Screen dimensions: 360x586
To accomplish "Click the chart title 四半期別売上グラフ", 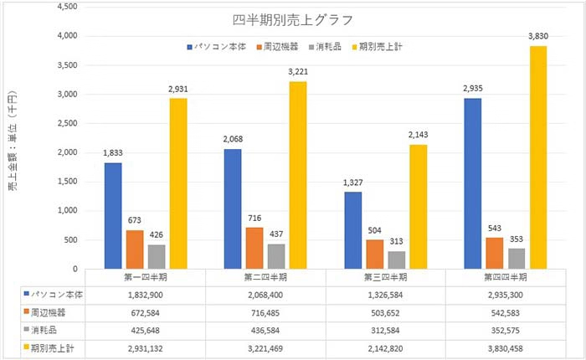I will (293, 19).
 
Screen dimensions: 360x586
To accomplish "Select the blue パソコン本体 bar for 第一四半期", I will (112, 216).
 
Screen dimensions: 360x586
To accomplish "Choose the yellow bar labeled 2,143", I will (418, 207).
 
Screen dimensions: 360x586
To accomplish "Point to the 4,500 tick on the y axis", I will (64, 7).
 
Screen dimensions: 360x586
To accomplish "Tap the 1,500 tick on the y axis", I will (64, 183).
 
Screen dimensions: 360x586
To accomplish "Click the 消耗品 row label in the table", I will (46, 329).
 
